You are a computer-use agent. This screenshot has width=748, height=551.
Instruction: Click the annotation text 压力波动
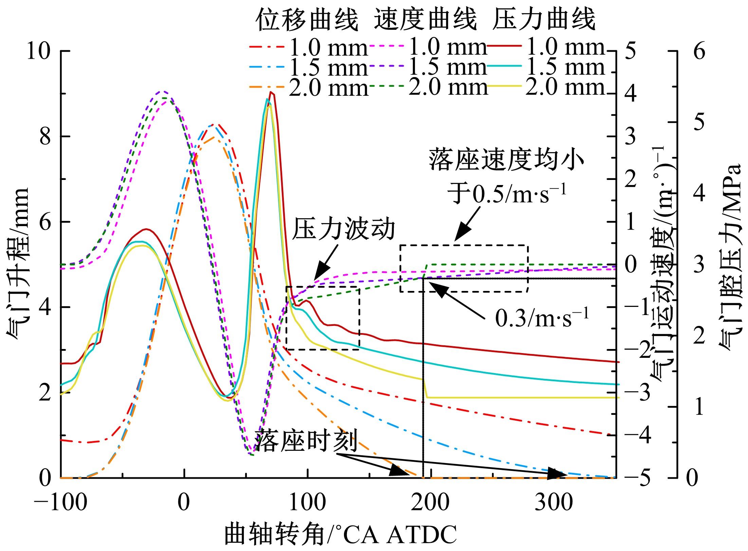343,230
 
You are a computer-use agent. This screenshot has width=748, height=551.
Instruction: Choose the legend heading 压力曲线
543,20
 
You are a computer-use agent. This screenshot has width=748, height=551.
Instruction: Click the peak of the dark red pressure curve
271,92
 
